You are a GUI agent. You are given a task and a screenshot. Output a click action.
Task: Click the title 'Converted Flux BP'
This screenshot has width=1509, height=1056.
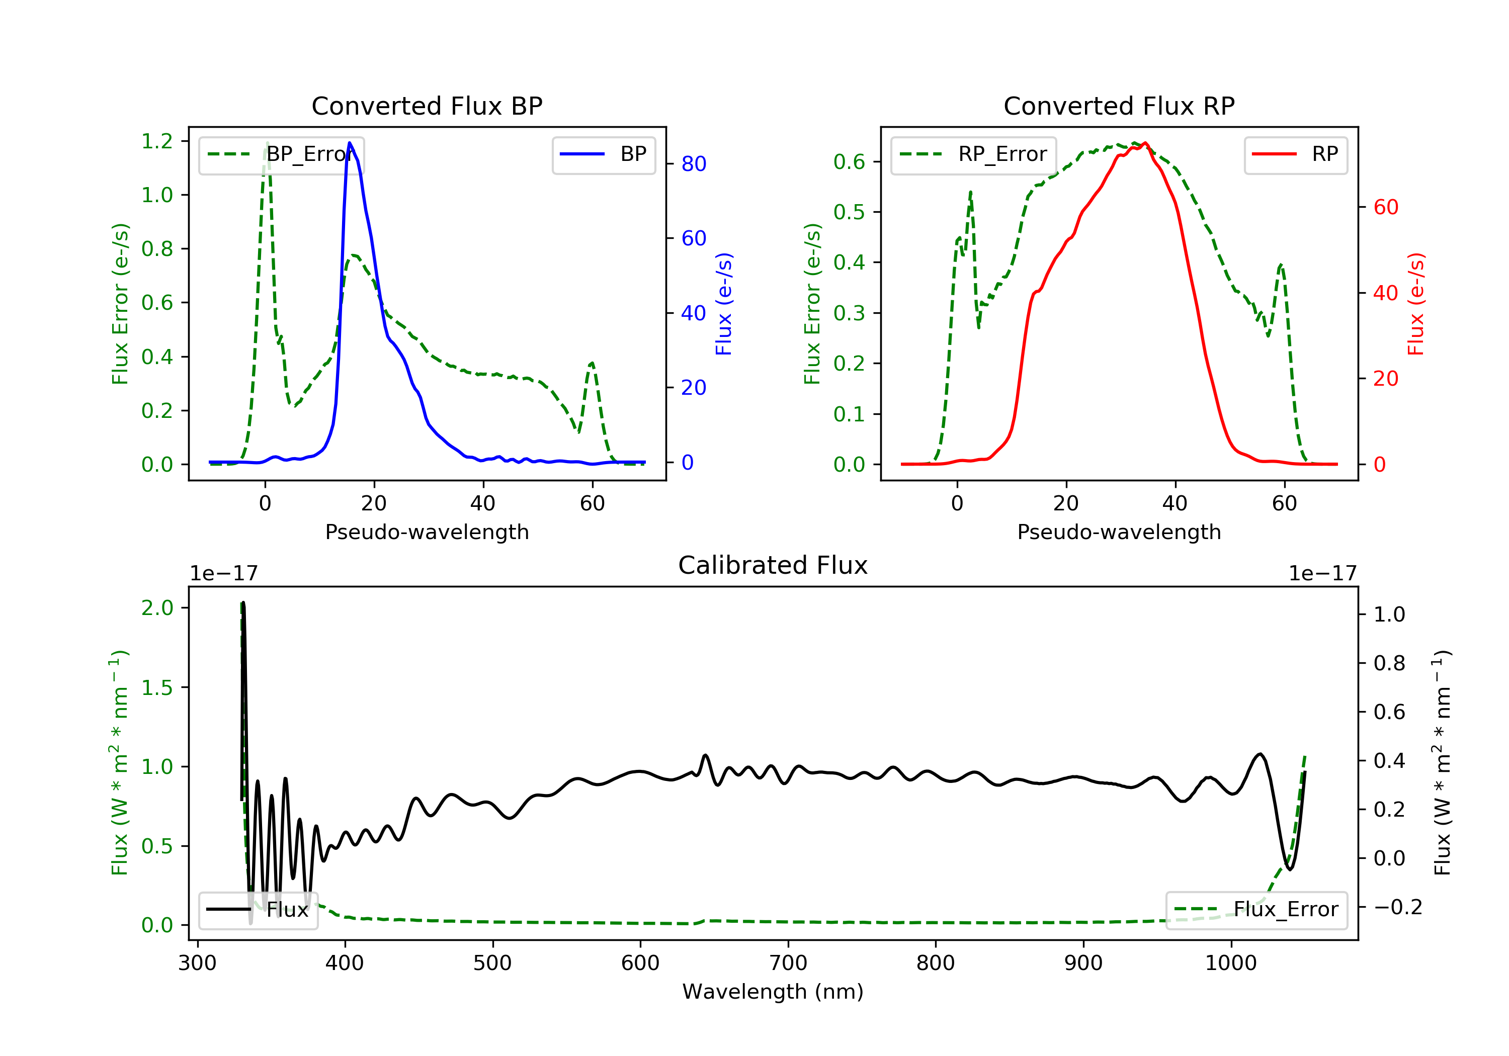(x=427, y=106)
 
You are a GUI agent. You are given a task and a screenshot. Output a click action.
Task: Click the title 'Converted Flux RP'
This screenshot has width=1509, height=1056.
(x=1119, y=106)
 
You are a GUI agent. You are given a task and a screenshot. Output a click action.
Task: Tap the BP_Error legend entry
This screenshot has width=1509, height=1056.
(x=281, y=154)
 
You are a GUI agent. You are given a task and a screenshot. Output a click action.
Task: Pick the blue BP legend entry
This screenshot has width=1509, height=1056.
(x=603, y=154)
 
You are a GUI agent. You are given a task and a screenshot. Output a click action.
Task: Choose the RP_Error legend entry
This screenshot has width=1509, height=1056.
(x=973, y=154)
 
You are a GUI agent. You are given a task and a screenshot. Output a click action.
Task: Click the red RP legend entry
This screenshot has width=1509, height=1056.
(x=1295, y=154)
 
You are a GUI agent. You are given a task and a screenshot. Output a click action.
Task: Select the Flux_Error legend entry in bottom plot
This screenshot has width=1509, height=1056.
(x=1256, y=910)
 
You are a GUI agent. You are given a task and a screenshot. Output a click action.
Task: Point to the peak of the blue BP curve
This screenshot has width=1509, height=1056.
(x=350, y=143)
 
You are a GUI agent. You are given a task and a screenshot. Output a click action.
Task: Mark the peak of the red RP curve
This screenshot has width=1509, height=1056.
(x=1145, y=143)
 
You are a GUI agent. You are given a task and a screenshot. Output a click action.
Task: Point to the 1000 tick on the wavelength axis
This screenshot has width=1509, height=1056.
(x=1230, y=962)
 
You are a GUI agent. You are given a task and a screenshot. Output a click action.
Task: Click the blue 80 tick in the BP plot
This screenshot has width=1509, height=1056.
(x=693, y=163)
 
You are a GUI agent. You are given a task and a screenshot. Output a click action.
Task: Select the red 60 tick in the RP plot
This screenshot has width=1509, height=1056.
(x=1385, y=207)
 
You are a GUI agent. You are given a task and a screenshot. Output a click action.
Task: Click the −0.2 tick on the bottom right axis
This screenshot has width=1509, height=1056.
(x=1397, y=907)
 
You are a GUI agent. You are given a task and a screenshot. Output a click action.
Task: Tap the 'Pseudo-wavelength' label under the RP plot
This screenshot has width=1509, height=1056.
(x=1119, y=532)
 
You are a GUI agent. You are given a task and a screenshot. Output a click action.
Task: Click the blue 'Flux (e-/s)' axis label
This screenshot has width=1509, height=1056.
(x=724, y=304)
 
